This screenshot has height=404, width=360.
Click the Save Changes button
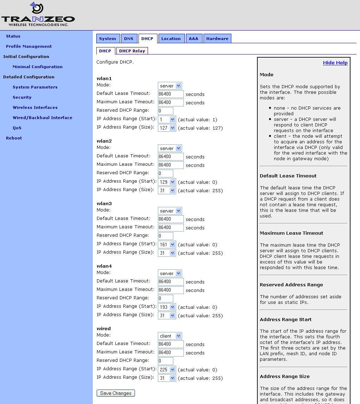116,393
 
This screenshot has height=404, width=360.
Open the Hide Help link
335,63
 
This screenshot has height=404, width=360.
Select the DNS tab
129,39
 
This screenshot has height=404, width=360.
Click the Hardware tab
217,39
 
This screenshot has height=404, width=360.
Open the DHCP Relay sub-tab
132,51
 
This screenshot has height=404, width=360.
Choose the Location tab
171,39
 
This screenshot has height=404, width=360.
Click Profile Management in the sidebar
29,46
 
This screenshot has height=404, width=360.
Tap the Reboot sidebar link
14,138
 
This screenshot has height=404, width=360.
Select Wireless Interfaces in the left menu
35,107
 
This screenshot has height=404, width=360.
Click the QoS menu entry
17,128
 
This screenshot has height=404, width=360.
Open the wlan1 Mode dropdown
170,86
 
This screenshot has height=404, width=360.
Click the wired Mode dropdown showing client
170,336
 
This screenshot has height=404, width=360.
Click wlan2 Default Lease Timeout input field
171,156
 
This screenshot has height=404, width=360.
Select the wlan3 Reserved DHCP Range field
166,236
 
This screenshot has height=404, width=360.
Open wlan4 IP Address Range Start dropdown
167,307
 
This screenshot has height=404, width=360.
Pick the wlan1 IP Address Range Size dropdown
167,128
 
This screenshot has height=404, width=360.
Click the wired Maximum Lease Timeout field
171,352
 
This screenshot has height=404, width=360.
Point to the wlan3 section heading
104,203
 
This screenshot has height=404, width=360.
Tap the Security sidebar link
22,97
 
